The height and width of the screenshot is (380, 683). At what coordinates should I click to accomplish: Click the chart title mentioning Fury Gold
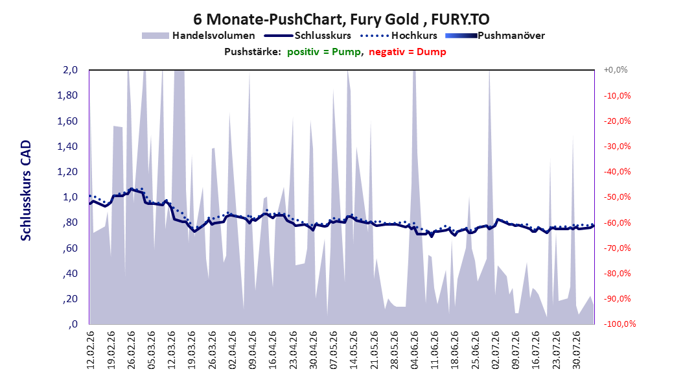pos(341,19)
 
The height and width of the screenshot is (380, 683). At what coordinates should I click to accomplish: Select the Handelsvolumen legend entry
pos(198,36)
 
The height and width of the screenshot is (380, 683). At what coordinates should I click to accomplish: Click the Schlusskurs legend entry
pos(308,36)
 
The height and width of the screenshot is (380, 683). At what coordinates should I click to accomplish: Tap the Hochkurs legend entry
pos(399,36)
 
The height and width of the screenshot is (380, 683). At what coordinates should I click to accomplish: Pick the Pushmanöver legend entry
pos(495,36)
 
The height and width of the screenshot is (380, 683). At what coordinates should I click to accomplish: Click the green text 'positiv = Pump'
pos(324,52)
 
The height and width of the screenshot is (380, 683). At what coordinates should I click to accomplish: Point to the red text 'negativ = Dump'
pos(408,52)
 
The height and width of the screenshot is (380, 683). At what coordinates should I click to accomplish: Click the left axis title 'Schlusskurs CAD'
pos(26,191)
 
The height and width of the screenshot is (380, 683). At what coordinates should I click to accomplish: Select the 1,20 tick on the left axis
pos(67,172)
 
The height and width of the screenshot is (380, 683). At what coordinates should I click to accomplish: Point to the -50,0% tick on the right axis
pos(617,197)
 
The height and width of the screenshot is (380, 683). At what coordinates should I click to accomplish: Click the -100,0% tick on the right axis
pos(619,324)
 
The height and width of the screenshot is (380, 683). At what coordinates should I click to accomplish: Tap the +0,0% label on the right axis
pos(616,70)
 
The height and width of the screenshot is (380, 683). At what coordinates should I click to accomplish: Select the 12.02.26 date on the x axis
pos(91,350)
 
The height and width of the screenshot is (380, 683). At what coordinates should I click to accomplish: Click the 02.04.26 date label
pos(232,350)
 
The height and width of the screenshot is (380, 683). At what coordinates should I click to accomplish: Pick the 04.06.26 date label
pos(414,350)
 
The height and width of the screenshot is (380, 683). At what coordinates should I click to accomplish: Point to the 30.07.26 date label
pos(576,350)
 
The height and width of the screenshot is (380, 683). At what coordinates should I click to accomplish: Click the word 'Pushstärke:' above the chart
pos(253,52)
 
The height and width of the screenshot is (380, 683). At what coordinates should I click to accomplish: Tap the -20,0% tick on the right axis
pos(617,121)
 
